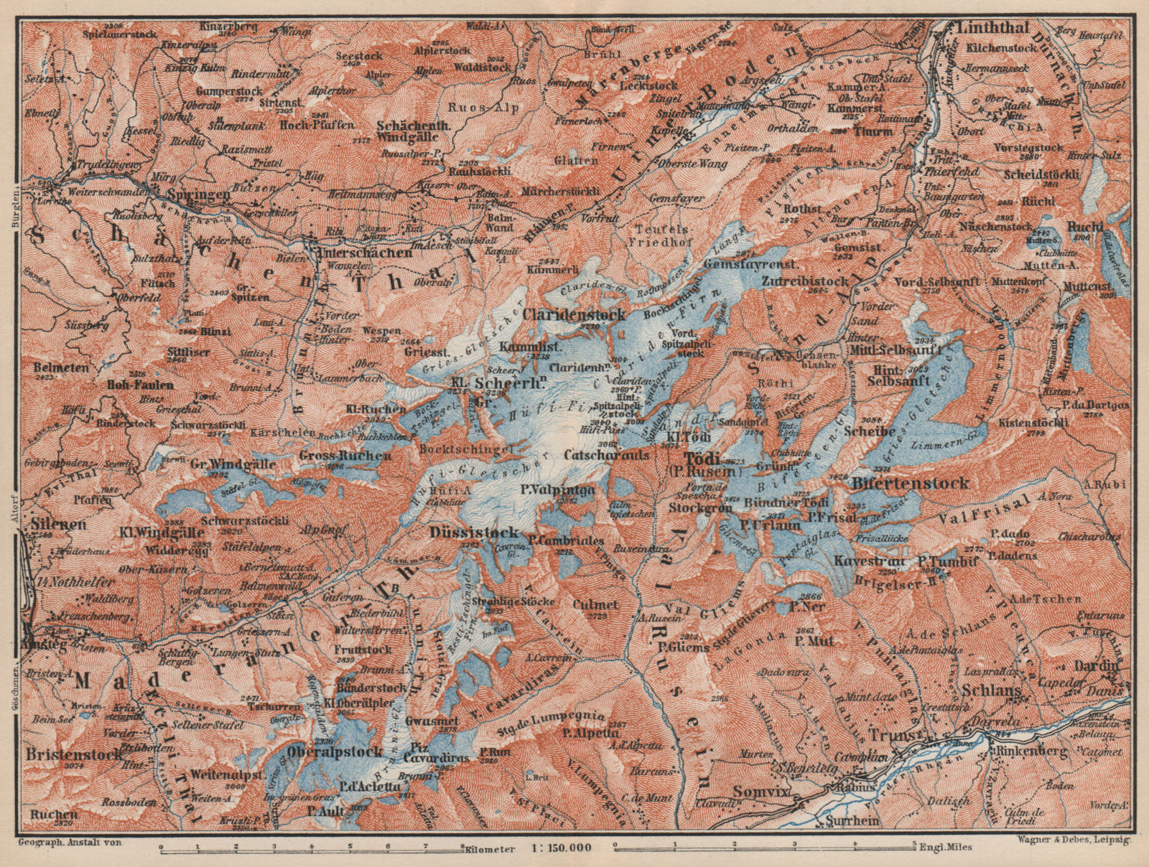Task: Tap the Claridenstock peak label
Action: click(574, 314)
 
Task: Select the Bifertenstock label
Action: click(910, 483)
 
